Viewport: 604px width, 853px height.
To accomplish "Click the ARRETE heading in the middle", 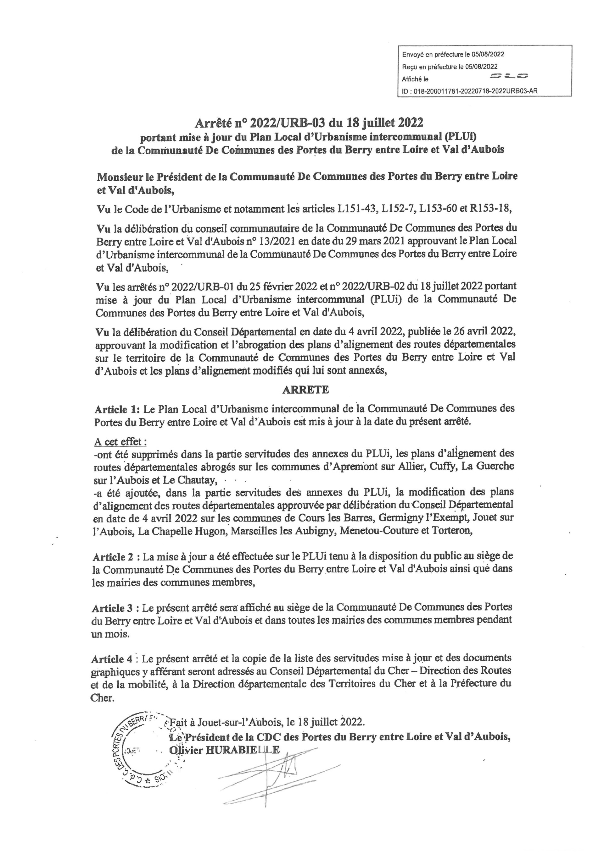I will pyautogui.click(x=305, y=389).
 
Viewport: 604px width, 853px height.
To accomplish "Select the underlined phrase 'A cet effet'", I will pyautogui.click(x=120, y=442).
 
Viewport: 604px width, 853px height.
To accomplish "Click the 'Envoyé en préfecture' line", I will pyautogui.click(x=453, y=54).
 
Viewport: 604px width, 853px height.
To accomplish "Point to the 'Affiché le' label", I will pyautogui.click(x=415, y=79).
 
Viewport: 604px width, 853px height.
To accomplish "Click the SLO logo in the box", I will pyautogui.click(x=509, y=76).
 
